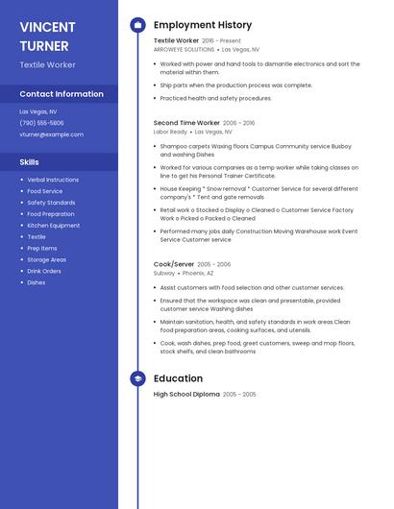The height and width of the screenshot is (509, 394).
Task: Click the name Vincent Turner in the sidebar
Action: [x=44, y=36]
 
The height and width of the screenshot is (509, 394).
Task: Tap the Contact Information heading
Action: [x=62, y=94]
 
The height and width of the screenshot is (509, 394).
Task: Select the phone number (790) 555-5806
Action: [x=41, y=123]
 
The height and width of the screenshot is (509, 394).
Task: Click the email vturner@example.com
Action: [x=51, y=134]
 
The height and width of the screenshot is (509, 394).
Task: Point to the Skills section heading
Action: [x=29, y=162]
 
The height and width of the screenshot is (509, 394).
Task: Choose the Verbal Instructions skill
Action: [x=53, y=180]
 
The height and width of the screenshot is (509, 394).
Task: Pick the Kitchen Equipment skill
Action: [x=53, y=225]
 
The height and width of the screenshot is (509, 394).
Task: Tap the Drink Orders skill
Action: [x=44, y=271]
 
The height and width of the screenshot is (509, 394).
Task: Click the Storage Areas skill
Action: [x=46, y=259]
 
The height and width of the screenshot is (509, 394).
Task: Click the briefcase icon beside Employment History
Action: [x=137, y=25]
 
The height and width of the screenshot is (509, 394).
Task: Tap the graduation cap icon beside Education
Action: [x=137, y=378]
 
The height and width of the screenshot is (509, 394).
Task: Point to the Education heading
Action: [x=178, y=378]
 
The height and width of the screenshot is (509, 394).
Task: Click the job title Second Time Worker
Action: [x=186, y=123]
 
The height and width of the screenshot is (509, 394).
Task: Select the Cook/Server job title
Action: [x=174, y=264]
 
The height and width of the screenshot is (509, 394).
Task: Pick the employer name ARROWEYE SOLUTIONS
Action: [x=185, y=49]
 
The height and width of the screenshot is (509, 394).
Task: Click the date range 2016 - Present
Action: [x=221, y=41]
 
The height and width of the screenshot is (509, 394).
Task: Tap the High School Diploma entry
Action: [x=186, y=394]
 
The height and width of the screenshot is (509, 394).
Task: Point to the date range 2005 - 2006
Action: [x=214, y=264]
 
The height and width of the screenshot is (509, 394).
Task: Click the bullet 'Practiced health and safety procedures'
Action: [x=216, y=98]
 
